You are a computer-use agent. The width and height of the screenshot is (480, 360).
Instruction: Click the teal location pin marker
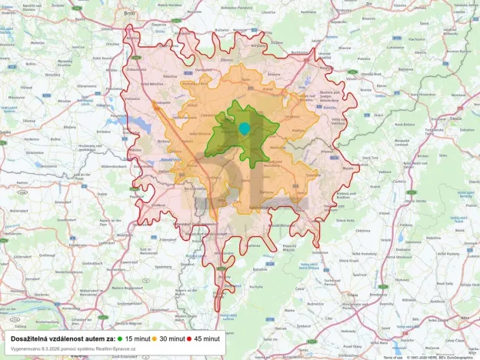[x=245, y=128]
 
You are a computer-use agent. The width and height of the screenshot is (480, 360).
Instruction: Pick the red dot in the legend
[x=189, y=338]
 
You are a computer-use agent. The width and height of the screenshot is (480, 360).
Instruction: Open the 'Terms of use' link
[x=393, y=357]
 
